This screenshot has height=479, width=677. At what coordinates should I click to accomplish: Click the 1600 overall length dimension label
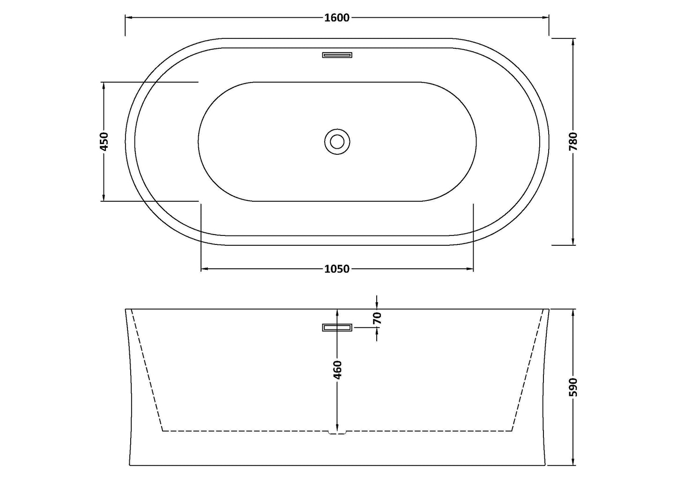pyautogui.click(x=337, y=18)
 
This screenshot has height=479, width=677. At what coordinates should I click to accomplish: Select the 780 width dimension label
pyautogui.click(x=573, y=141)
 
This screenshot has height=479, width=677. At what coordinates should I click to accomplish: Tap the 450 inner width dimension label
pyautogui.click(x=104, y=141)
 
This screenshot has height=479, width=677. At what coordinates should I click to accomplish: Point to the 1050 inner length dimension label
pyautogui.click(x=337, y=269)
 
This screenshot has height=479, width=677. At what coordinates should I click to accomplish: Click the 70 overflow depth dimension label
pyautogui.click(x=378, y=318)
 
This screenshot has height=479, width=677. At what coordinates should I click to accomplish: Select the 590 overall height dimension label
pyautogui.click(x=573, y=387)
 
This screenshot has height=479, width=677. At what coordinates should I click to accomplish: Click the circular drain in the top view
pyautogui.click(x=337, y=141)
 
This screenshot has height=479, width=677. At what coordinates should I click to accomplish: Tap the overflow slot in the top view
pyautogui.click(x=337, y=55)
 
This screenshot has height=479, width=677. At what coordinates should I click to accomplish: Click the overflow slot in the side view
pyautogui.click(x=337, y=327)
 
